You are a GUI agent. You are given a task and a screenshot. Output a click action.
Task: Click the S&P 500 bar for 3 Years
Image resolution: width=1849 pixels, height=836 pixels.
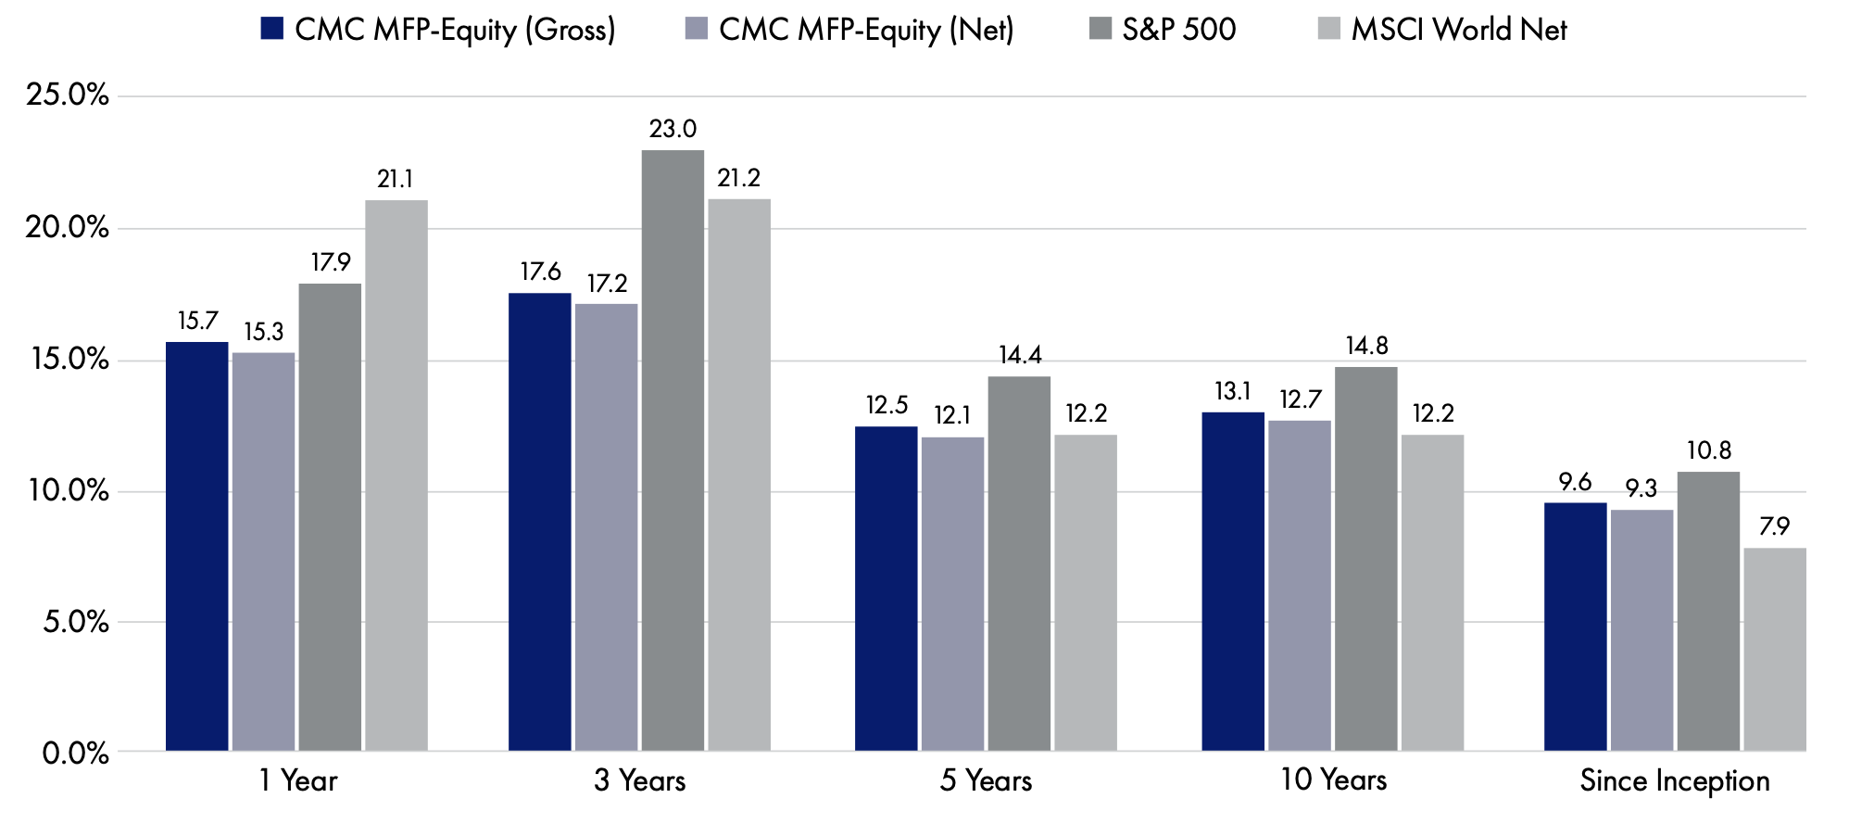673,450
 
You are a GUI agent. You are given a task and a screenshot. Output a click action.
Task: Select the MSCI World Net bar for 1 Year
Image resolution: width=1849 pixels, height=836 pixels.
396,475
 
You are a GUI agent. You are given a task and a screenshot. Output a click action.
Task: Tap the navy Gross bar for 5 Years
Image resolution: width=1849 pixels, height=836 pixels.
886,589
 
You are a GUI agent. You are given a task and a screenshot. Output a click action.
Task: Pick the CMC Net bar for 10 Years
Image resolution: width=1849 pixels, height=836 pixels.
1300,586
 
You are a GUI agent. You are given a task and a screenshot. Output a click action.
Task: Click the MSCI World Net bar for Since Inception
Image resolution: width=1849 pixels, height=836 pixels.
1775,650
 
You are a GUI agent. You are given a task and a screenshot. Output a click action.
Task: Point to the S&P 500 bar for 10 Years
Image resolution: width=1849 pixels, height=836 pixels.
1366,559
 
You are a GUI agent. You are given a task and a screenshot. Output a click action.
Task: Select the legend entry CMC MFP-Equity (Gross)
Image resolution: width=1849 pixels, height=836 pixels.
438,30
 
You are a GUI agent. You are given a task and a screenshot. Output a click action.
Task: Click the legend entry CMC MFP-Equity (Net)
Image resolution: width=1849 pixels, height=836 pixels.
849,30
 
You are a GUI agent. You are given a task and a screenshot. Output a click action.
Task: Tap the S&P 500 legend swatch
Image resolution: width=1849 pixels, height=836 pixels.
1100,28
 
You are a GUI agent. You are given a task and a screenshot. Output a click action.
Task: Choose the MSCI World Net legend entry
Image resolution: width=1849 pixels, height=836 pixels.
1442,30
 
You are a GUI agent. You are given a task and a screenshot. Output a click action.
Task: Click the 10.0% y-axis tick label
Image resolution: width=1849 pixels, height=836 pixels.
68,491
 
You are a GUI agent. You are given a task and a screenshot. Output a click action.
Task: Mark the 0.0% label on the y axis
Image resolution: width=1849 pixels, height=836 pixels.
76,753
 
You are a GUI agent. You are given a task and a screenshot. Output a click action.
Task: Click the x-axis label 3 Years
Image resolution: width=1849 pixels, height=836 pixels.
640,780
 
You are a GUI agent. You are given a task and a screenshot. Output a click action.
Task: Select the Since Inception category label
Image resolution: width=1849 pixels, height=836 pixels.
1675,781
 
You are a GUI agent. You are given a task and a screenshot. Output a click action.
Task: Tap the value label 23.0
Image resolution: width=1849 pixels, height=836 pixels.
673,129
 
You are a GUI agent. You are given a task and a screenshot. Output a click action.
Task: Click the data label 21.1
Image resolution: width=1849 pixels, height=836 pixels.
396,179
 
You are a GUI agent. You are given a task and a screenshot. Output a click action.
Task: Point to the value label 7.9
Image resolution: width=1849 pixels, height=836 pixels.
1775,526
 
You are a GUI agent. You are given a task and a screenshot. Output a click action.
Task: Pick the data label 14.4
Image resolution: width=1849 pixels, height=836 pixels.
1020,355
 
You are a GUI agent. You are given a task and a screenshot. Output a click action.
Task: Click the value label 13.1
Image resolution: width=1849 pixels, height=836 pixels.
1233,391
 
